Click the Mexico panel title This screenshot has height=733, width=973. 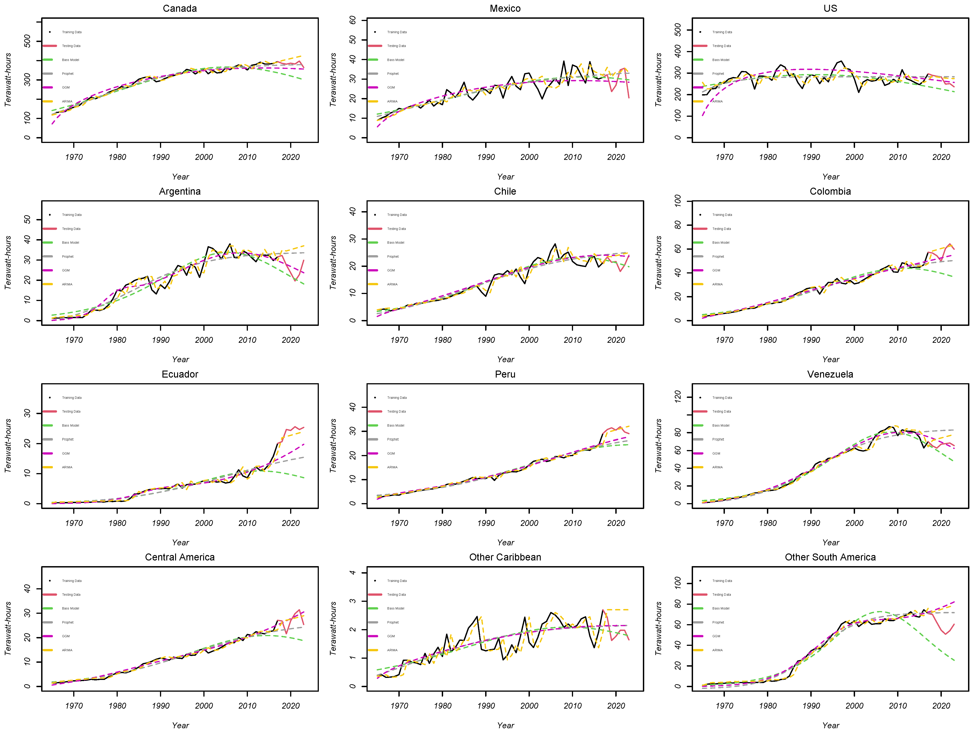505,8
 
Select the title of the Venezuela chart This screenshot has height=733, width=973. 830,374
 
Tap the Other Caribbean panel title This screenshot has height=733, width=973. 505,557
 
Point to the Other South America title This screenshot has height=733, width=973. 830,557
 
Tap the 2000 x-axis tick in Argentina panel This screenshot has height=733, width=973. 204,340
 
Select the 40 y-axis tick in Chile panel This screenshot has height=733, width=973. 352,212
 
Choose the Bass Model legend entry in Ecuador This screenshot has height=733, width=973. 70,425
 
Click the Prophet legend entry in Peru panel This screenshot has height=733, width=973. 393,439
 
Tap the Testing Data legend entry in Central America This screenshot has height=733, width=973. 71,595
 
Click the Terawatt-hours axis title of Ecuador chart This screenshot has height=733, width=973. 8,446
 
